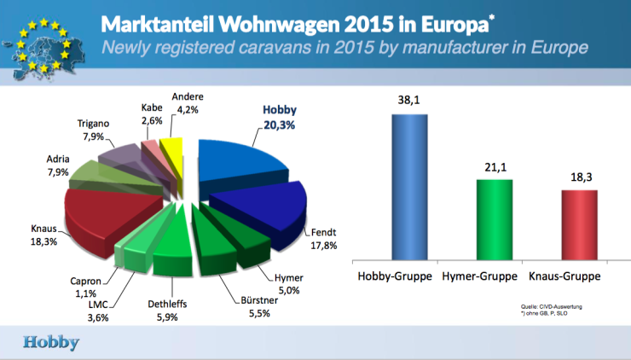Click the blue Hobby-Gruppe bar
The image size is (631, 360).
tap(409, 186)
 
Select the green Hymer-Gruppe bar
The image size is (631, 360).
tap(495, 218)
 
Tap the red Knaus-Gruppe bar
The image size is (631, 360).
tap(580, 224)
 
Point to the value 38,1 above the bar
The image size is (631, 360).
tap(410, 101)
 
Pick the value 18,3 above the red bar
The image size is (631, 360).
tap(580, 177)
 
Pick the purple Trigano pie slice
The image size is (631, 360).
tap(119, 157)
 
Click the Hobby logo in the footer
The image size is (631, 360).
tap(51, 342)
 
